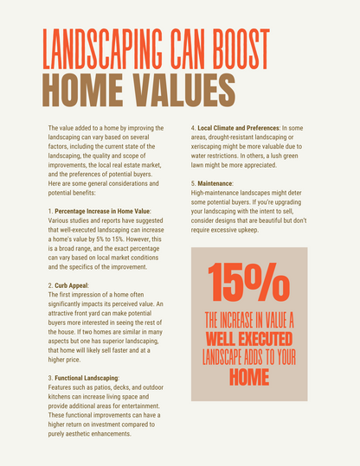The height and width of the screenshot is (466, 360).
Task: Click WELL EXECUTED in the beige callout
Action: coord(248,336)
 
